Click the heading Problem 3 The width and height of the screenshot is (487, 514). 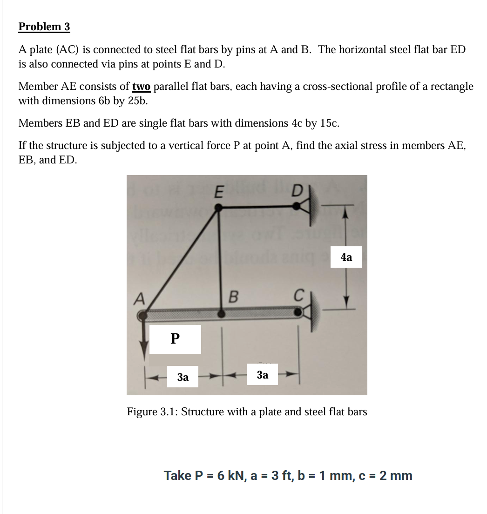(x=44, y=27)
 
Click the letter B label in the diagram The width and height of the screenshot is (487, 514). (x=234, y=297)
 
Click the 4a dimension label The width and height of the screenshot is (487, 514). (x=346, y=257)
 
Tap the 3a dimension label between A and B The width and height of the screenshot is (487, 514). (x=183, y=377)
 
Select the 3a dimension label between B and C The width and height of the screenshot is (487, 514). (x=263, y=375)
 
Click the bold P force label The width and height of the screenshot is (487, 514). (x=175, y=339)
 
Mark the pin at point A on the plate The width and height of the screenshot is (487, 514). (x=142, y=316)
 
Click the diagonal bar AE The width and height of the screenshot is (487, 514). (x=182, y=261)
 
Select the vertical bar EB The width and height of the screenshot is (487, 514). (x=221, y=261)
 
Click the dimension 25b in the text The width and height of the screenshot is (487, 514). (x=137, y=101)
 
